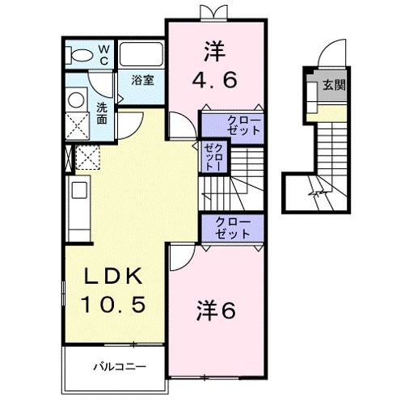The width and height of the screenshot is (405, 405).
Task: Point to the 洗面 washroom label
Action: click(x=103, y=112)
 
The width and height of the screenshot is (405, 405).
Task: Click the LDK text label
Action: click(x=115, y=276)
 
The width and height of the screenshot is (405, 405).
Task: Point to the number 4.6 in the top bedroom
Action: click(x=215, y=81)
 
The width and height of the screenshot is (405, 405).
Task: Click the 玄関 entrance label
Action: click(x=333, y=85)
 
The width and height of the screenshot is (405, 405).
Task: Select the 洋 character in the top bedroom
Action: click(x=215, y=51)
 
